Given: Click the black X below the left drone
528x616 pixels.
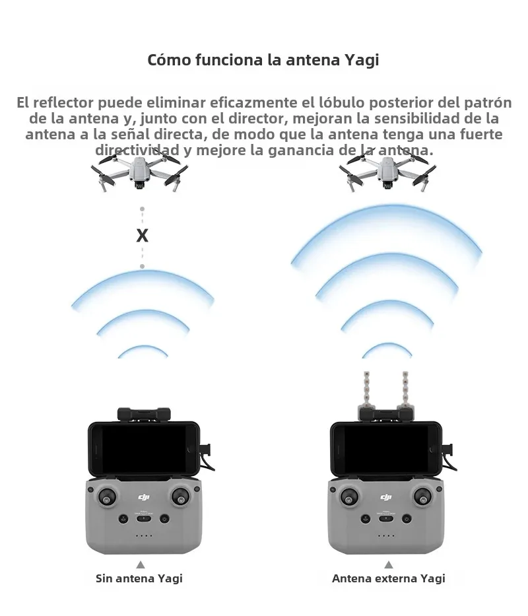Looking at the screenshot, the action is (x=142, y=235).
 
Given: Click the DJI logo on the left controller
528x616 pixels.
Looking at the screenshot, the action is (x=144, y=497).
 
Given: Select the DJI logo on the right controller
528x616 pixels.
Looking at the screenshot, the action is (x=386, y=497).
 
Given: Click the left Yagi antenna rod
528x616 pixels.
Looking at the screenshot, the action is (x=367, y=391).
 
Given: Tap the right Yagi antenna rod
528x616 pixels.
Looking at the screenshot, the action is (x=405, y=391).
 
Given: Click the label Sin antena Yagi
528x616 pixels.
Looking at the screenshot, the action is (x=139, y=578).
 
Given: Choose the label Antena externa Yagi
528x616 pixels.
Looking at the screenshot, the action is (x=389, y=578).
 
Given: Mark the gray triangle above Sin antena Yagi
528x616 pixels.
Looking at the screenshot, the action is (x=141, y=565).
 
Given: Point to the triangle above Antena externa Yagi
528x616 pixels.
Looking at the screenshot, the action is (x=389, y=565).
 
